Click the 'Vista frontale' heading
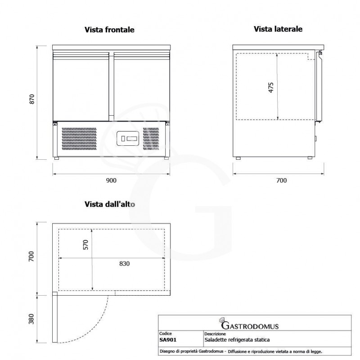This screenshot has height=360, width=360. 109,30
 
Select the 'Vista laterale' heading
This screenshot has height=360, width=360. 278,29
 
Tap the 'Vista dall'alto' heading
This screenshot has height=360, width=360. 109,204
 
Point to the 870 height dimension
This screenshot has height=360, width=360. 31,99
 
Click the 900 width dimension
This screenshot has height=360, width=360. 111,180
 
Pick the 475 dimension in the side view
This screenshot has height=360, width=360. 271,87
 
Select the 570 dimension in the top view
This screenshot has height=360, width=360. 85,244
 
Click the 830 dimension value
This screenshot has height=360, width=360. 125,264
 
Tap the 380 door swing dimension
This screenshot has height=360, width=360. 31,319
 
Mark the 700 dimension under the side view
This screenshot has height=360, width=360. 282,180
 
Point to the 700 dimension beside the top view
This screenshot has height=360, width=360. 31,256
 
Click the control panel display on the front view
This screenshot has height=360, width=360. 128,139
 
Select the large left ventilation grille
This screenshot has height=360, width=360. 79,139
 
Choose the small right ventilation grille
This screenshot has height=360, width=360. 151,139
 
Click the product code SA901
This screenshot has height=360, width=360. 168,340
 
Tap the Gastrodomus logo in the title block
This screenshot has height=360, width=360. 249,324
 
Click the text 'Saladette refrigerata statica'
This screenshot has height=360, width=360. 237,340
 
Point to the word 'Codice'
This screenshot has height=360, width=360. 165,333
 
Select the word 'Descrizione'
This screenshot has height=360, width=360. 215,333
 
